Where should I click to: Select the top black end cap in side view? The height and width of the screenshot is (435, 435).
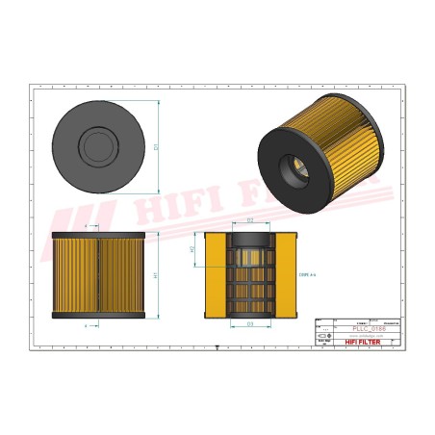tap(96, 235)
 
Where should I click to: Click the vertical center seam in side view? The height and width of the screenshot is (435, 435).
tap(96, 275)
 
